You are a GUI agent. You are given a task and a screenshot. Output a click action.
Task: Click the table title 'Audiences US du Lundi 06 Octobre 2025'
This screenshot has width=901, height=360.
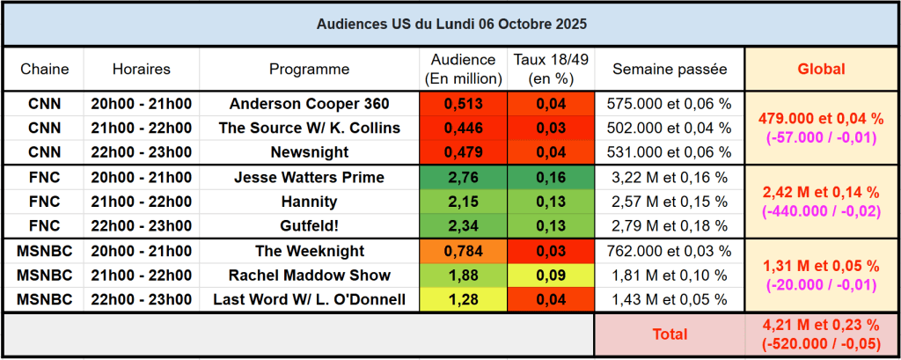pos(450,24)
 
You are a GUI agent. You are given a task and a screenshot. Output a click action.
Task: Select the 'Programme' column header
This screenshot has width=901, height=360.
pos(309,69)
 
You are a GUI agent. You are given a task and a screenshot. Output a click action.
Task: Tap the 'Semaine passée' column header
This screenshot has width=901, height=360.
pos(670,69)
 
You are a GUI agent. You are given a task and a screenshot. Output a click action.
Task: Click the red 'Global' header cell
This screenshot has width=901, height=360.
pos(820,69)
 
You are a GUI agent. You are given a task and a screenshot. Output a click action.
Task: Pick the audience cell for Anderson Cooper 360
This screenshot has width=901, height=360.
pos(464,103)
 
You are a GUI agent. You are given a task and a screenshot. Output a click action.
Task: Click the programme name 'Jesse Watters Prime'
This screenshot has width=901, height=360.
pos(309,177)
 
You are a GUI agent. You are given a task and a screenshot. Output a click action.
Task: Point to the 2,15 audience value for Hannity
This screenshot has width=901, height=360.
pos(464,202)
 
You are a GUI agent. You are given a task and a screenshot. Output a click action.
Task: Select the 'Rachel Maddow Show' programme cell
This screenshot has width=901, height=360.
pos(309,275)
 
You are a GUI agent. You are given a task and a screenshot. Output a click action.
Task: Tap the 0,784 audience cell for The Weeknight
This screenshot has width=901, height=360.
pos(464,251)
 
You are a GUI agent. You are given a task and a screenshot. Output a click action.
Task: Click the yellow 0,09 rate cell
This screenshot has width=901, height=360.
pos(551,275)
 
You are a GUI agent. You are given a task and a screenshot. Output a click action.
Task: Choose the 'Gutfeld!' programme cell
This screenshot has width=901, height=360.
pos(309,226)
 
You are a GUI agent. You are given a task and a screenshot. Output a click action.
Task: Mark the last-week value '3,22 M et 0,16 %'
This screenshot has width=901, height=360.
pos(670,177)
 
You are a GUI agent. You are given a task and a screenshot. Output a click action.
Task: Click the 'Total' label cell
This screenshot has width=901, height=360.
pos(670,334)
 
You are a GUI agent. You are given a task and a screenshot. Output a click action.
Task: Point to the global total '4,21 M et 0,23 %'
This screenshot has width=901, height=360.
pos(820,327)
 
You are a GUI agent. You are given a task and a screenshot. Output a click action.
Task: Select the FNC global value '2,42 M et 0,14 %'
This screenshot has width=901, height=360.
pos(820,193)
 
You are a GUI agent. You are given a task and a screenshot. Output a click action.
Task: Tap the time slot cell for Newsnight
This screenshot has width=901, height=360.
pos(142,152)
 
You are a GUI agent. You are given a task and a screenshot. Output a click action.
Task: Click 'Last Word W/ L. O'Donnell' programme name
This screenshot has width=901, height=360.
pos(309,299)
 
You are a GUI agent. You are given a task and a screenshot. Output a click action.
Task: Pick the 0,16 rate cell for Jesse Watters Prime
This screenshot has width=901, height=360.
pos(551,177)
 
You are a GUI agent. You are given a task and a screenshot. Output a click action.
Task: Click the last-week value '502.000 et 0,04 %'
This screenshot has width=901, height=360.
pos(670,128)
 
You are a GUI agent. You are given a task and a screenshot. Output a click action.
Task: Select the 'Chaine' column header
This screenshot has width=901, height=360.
pos(44,69)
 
